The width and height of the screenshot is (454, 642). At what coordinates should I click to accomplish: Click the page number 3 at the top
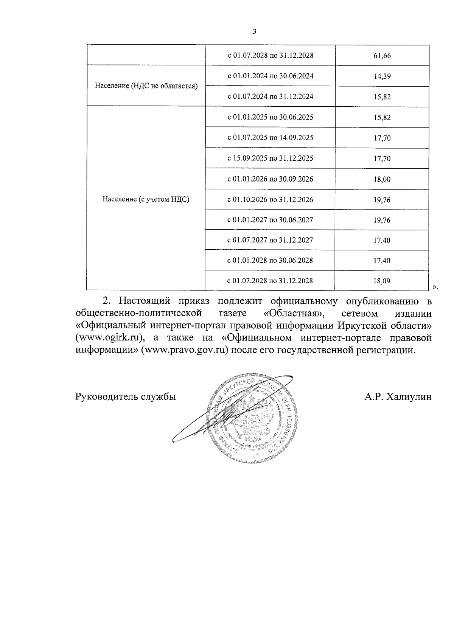point(254,32)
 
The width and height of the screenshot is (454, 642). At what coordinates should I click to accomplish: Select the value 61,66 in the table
point(382,56)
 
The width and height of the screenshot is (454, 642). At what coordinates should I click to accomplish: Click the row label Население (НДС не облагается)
point(146,86)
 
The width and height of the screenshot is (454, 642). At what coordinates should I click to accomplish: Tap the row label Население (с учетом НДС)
point(146,199)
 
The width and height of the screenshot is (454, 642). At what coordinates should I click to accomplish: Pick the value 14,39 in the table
point(382,76)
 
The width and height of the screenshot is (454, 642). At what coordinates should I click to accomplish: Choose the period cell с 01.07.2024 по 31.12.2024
point(270,96)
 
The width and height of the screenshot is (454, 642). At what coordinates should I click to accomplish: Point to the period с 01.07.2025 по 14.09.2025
point(270,138)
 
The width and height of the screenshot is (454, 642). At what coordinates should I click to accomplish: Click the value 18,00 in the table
point(382,179)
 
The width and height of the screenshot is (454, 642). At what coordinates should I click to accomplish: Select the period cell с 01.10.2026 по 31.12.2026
point(270,199)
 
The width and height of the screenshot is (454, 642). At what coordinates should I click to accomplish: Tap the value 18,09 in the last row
point(382,281)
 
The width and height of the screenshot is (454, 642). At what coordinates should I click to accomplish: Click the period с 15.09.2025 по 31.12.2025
point(270,158)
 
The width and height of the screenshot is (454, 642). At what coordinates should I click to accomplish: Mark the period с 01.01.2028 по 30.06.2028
point(270,260)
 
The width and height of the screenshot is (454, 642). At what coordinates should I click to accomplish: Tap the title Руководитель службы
point(126,397)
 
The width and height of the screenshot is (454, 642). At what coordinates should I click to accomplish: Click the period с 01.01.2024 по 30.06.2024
point(270,76)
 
